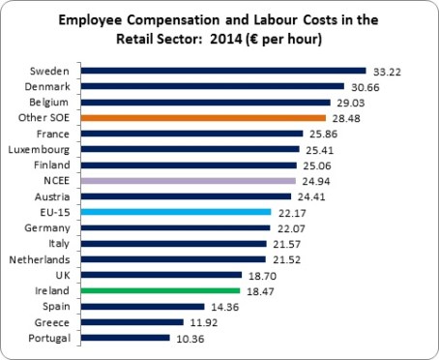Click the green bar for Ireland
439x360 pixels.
tap(161, 289)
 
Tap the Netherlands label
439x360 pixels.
tap(41, 258)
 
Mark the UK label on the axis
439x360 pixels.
tap(62, 274)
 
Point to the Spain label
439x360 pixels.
tap(55, 306)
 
